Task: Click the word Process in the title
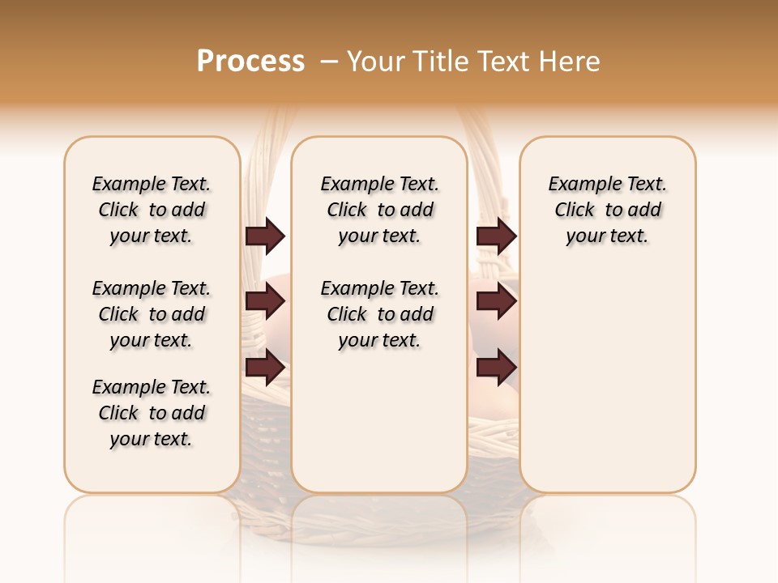click(250, 62)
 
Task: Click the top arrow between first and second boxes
click(265, 236)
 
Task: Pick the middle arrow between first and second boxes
click(265, 301)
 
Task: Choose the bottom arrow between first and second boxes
click(265, 368)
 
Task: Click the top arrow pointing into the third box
click(496, 236)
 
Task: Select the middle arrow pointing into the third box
click(496, 301)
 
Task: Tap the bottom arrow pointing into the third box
click(496, 368)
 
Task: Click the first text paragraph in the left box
click(152, 210)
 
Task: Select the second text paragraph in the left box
click(152, 314)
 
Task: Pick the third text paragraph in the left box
click(152, 413)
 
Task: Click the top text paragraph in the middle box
click(379, 210)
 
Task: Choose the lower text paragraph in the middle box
click(379, 314)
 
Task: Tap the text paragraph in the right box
click(608, 210)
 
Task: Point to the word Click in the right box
click(575, 211)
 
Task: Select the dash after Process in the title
click(328, 62)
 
